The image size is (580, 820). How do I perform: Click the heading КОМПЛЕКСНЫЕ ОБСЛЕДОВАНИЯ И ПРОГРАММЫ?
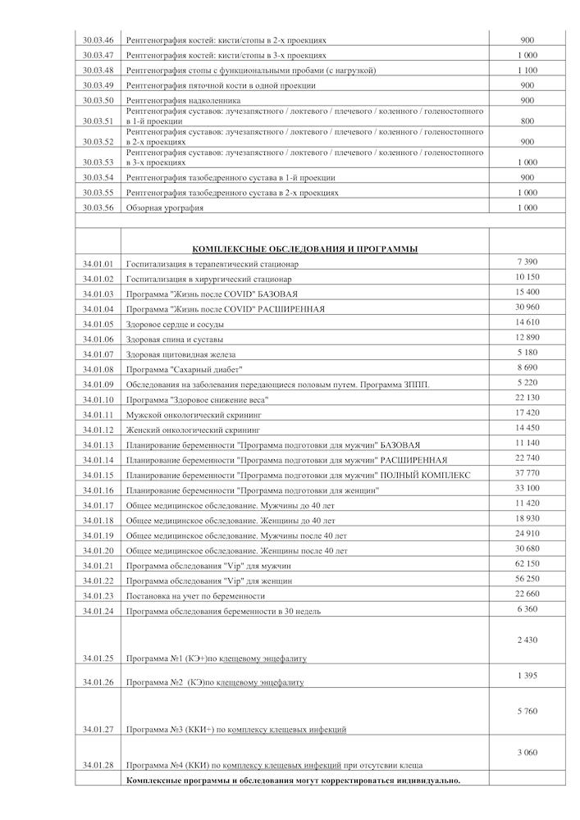[x=304, y=248]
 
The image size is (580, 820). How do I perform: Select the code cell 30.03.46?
[x=98, y=39]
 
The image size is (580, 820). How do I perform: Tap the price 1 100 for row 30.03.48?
[x=527, y=70]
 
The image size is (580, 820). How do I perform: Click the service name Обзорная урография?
[x=165, y=208]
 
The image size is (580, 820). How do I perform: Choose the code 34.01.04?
[x=98, y=309]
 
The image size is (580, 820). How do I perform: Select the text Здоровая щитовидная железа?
[x=180, y=354]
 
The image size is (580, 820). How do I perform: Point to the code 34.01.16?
[x=98, y=490]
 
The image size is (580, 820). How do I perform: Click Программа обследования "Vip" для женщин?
[x=210, y=581]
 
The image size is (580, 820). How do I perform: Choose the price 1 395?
[x=527, y=674]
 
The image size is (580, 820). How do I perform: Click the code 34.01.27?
[x=98, y=728]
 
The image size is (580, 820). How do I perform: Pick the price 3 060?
[x=527, y=752]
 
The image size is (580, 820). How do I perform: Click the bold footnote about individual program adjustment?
[x=293, y=780]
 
